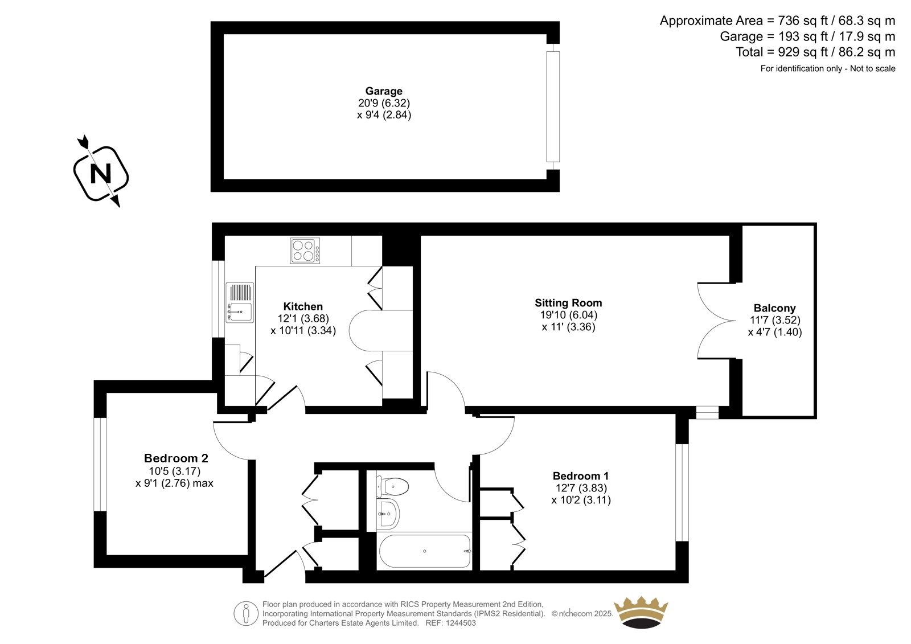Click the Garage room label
[x=384, y=91]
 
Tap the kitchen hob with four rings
[x=305, y=251]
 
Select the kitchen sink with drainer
[x=240, y=303]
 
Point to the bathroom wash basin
[x=388, y=514]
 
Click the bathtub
[x=425, y=551]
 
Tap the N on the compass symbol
[x=100, y=174]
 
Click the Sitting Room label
[x=568, y=303]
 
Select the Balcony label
[x=774, y=308]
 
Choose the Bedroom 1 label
[x=581, y=475]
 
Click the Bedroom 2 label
[x=176, y=458]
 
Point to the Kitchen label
[x=303, y=306]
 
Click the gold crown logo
[x=641, y=612]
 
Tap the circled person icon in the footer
[x=246, y=613]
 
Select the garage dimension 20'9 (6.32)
[x=384, y=103]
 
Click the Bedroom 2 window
[x=100, y=464]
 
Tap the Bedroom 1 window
[x=682, y=493]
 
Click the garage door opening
[x=553, y=106]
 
